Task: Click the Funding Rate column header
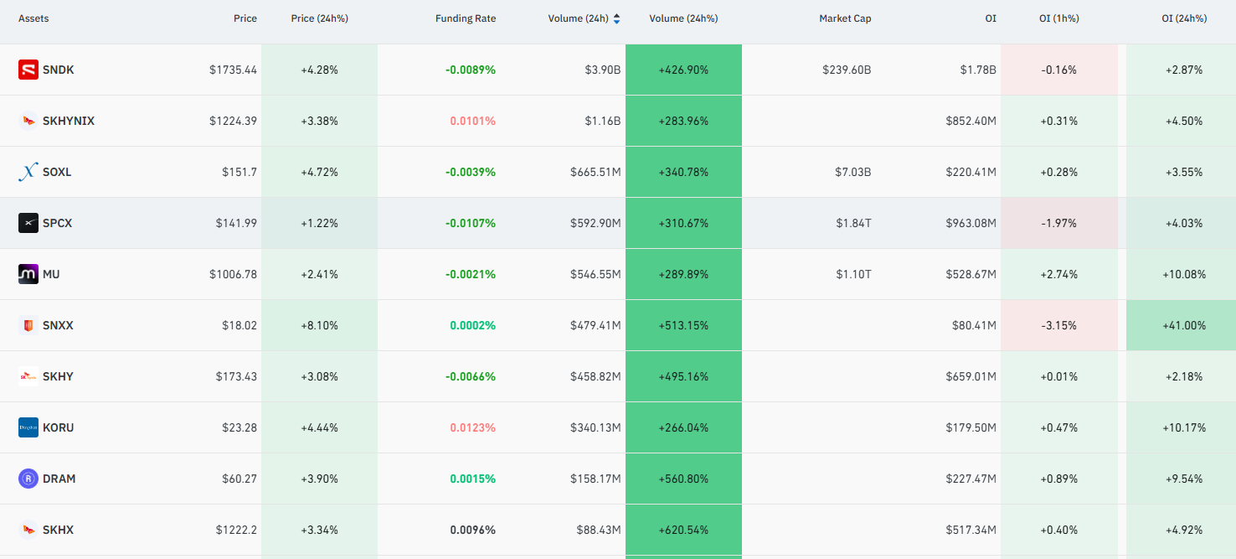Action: pos(465,18)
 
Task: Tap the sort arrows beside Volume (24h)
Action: pos(617,18)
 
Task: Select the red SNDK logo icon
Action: pos(28,70)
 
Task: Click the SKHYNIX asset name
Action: pos(69,121)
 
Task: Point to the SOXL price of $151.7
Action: pos(239,172)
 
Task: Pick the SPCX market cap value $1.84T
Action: pos(853,223)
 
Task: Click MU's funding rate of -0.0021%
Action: pos(470,274)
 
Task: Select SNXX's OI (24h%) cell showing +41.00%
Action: pos(1184,325)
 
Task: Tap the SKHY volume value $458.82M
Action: pos(595,376)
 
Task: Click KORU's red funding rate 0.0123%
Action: pos(472,427)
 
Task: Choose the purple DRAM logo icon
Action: pos(28,479)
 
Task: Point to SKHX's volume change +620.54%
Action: pos(683,530)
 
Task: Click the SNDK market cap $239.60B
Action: pos(847,70)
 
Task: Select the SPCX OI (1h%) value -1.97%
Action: pos(1058,223)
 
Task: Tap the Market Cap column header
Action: pos(845,18)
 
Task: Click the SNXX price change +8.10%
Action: pos(320,325)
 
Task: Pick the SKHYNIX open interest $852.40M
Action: pos(971,121)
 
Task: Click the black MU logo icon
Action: pos(28,274)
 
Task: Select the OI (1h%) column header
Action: pos(1058,18)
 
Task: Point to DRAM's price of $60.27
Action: pos(239,479)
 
